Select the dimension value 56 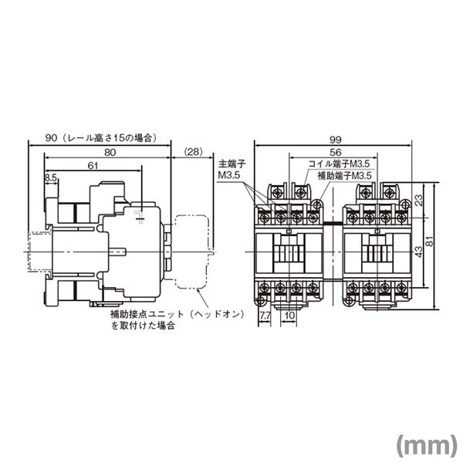[x=335, y=153]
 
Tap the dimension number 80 [x=110, y=153]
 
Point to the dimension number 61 [x=92, y=166]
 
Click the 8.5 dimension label [x=51, y=177]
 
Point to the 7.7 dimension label [x=265, y=316]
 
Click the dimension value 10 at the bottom [x=289, y=316]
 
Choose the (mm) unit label [x=424, y=444]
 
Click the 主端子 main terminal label [x=231, y=165]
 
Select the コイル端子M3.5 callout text [x=340, y=164]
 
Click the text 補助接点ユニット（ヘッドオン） [x=167, y=315]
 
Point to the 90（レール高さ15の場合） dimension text [x=100, y=137]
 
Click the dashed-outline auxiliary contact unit [x=193, y=251]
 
